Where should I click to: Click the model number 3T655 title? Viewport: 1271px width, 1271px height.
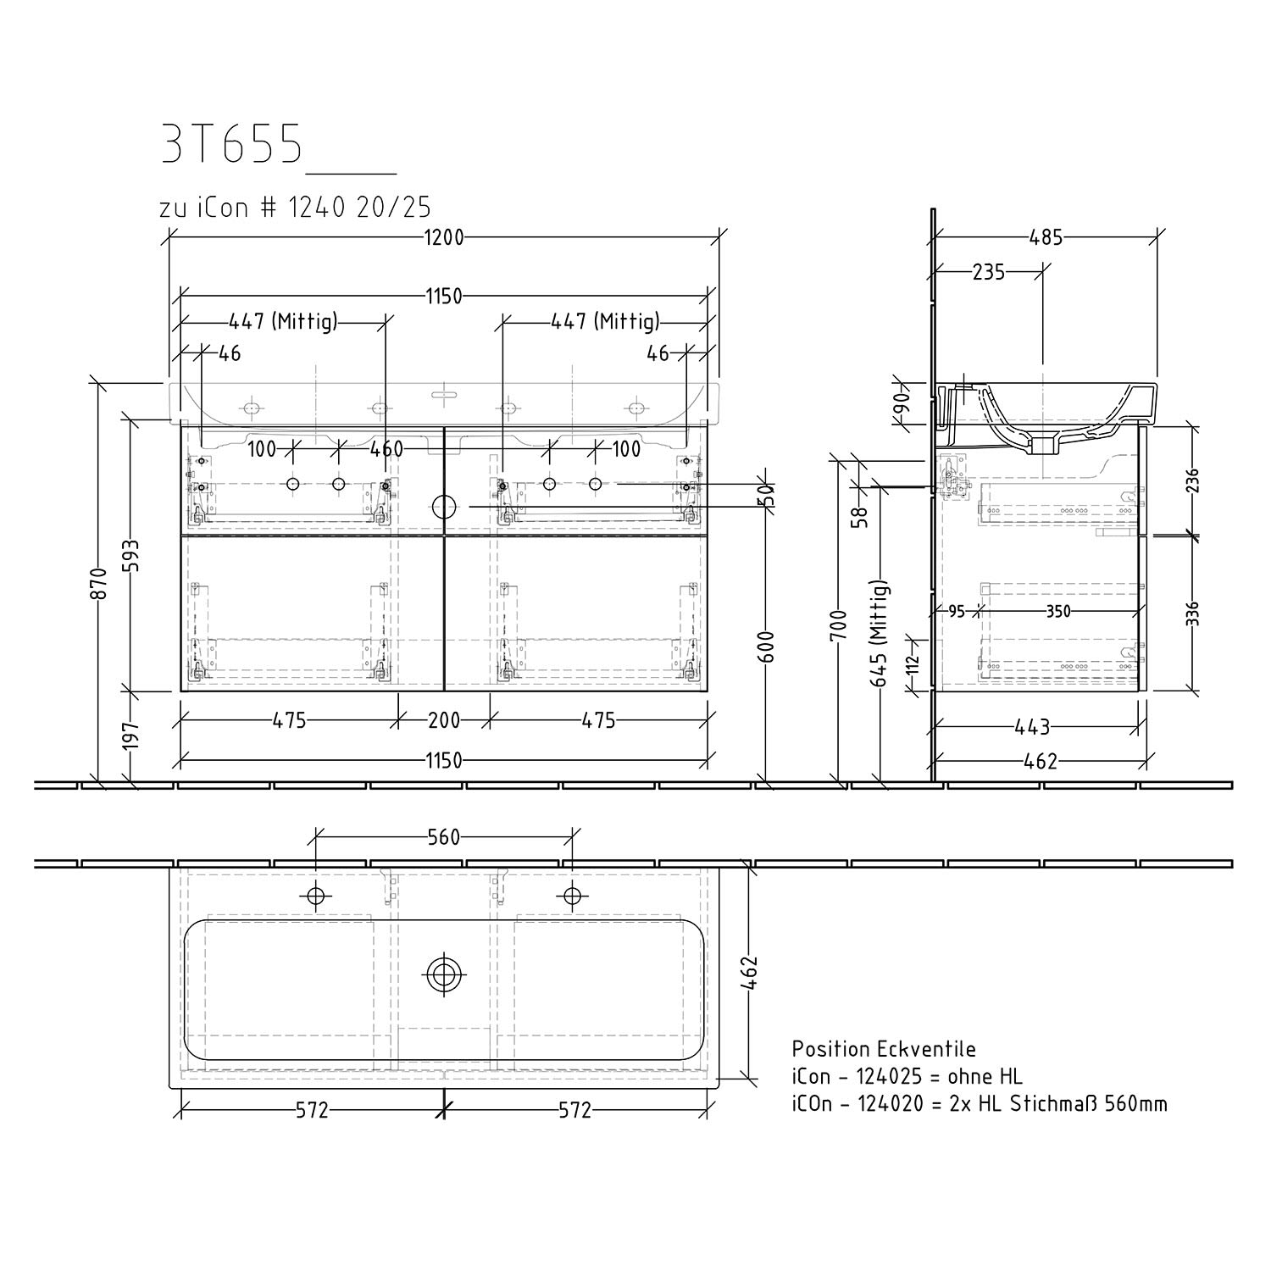coord(231,145)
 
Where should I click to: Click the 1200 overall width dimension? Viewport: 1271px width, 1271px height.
coord(443,238)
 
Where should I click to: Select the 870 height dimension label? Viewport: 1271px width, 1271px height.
coord(100,584)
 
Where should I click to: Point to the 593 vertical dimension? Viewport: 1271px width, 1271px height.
coord(130,557)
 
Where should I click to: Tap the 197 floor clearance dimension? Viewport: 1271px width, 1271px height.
coord(130,735)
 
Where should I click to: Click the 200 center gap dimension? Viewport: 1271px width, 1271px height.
coord(443,720)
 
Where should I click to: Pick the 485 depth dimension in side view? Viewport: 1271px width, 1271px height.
coord(1046,238)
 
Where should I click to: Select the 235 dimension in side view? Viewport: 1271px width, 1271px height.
coord(988,272)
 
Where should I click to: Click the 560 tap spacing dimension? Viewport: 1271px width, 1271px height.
coord(443,837)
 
